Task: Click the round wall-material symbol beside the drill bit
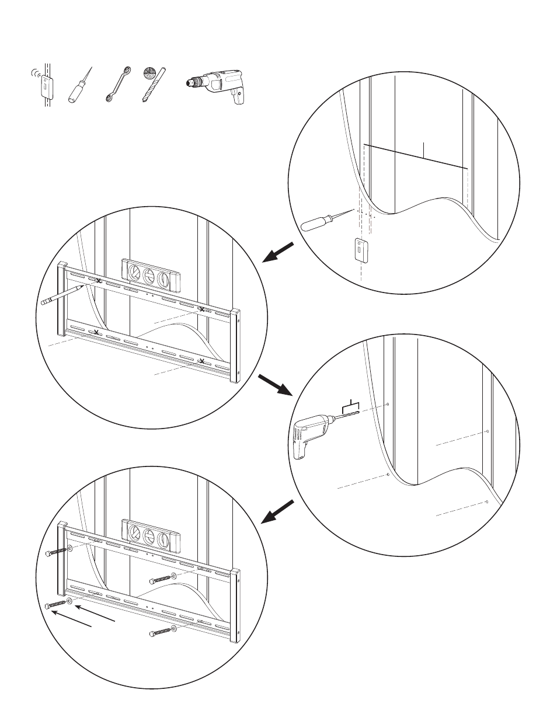coord(149,74)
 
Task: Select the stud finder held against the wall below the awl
coord(361,250)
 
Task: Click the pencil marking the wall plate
coord(62,294)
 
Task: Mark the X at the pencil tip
coord(98,282)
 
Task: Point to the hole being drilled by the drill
coord(388,405)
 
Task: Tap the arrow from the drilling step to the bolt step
coord(277,511)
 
